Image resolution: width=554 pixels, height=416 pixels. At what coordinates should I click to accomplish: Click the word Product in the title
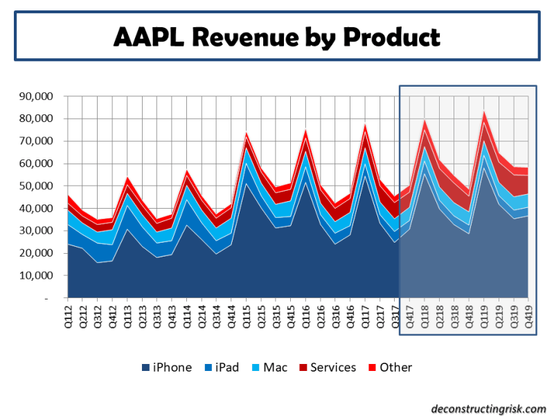coord(391,35)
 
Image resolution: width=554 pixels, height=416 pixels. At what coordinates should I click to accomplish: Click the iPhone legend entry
coord(166,367)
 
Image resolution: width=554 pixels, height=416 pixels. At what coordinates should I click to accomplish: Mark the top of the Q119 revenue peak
coord(484,112)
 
